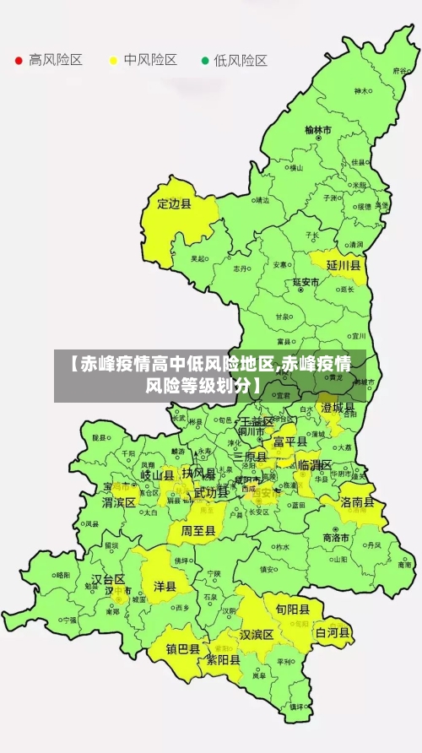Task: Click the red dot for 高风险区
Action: [19, 61]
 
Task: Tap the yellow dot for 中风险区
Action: [113, 61]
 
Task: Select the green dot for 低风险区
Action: [203, 61]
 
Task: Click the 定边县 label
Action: [175, 203]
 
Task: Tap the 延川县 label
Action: [344, 265]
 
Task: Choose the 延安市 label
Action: [306, 282]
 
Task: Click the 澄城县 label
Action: [338, 407]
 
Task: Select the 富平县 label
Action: [289, 441]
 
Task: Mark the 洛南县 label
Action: [359, 501]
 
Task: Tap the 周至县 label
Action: [198, 531]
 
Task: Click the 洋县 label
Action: [165, 586]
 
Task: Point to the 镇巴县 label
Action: [182, 649]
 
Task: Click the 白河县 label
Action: [333, 631]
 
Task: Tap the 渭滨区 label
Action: [119, 501]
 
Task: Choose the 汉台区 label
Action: [108, 579]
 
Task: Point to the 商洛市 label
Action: [337, 538]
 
